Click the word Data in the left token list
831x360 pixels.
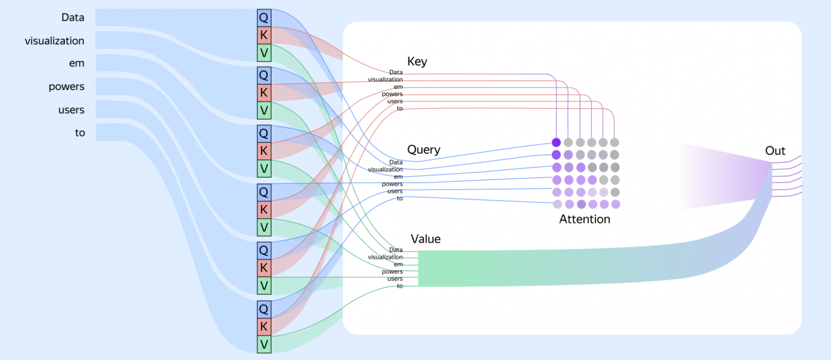(x=73, y=18)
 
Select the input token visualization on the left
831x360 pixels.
(x=54, y=40)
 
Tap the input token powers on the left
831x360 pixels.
(x=67, y=86)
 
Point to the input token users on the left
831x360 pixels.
(x=71, y=110)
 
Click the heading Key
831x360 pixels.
(x=417, y=61)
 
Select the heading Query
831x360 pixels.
(x=423, y=150)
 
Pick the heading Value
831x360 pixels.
(x=426, y=239)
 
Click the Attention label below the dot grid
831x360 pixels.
(x=584, y=219)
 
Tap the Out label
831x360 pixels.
(x=775, y=151)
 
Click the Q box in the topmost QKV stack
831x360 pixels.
(x=264, y=18)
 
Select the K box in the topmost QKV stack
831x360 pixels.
(x=264, y=36)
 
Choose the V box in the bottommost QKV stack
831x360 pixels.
(x=264, y=345)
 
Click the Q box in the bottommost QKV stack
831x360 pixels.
(x=264, y=308)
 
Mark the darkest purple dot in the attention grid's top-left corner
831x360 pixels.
(x=556, y=142)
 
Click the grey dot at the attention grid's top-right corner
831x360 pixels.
(x=615, y=142)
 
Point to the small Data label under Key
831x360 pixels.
(x=396, y=72)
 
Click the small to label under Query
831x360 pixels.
(x=399, y=199)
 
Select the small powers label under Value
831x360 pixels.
(x=392, y=272)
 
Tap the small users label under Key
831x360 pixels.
(x=395, y=101)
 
